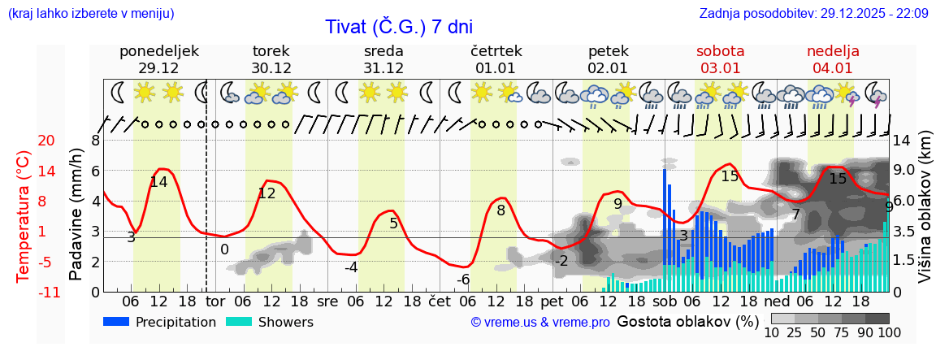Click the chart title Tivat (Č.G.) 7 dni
point(398,27)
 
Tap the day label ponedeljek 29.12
point(158,59)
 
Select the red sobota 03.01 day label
point(720,59)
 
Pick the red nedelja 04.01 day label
point(833,59)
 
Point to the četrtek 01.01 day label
point(496,59)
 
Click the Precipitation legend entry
point(160,322)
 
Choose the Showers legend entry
point(270,322)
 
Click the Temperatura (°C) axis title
point(24,215)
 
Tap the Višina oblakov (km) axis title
point(925,215)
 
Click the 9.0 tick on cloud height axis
point(904,171)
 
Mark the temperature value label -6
point(463,280)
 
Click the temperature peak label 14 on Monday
point(158,182)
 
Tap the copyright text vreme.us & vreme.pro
point(540,323)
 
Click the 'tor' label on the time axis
point(215,301)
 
